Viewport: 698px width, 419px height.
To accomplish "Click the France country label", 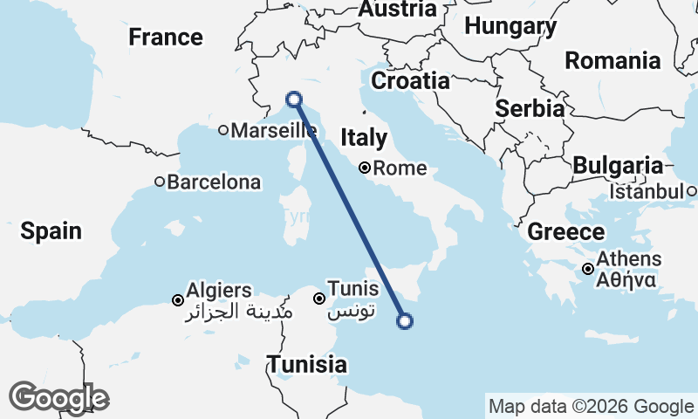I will click(x=166, y=38).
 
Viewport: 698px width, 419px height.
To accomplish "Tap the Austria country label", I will click(x=397, y=9).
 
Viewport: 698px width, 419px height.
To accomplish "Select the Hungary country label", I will click(x=510, y=27).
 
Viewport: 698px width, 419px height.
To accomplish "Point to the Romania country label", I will click(x=612, y=60).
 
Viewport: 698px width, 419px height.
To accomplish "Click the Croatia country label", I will click(x=410, y=81).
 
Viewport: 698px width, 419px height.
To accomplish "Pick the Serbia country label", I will click(x=530, y=109).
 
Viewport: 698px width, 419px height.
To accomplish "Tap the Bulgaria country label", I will click(x=618, y=165).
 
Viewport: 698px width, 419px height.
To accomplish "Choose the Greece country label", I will click(x=566, y=232).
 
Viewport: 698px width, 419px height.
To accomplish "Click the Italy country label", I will click(x=363, y=138).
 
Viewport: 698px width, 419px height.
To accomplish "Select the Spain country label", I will click(x=51, y=231).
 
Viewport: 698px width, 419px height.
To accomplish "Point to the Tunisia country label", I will click(x=306, y=364).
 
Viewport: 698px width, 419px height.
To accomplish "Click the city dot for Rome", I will click(x=365, y=168).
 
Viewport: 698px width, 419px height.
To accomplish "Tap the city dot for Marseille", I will click(x=223, y=131).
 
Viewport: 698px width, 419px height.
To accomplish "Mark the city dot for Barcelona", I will click(x=160, y=182).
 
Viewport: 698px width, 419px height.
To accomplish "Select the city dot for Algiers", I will click(x=178, y=300).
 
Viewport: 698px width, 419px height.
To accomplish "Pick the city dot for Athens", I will click(x=589, y=269).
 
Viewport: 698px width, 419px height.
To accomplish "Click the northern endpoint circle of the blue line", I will click(x=294, y=100).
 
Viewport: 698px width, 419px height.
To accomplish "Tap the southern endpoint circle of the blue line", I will click(x=404, y=321).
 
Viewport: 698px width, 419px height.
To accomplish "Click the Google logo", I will click(x=58, y=398).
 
